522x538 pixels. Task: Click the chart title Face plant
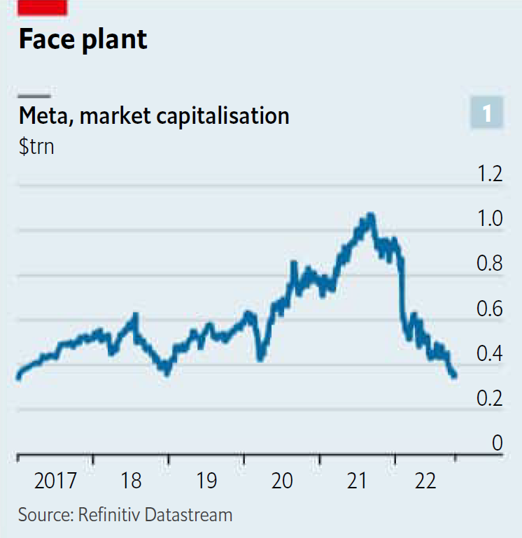[x=83, y=39]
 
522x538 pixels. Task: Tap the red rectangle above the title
[x=43, y=7]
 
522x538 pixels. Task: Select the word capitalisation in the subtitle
[x=227, y=115]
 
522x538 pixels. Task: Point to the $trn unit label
[x=36, y=147]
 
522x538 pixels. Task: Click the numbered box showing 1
[x=487, y=113]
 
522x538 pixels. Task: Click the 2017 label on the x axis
[x=55, y=481]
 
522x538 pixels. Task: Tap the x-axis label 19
[x=206, y=481]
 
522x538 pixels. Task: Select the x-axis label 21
[x=357, y=481]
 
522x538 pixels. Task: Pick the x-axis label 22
[x=425, y=481]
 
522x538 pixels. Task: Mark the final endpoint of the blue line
[x=455, y=376]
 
